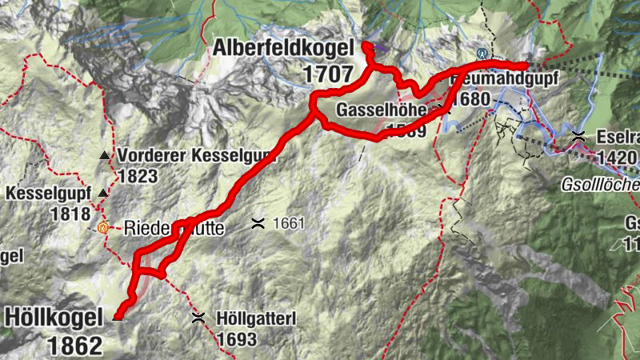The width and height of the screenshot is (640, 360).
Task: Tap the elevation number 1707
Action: (x=328, y=74)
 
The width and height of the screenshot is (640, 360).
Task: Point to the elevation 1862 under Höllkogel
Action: (x=75, y=346)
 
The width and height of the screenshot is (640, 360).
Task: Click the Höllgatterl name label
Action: (x=256, y=319)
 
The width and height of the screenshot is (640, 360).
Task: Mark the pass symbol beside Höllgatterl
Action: (x=198, y=318)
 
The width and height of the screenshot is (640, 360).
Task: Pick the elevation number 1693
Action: (x=236, y=339)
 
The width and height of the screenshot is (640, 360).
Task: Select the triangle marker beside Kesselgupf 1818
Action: (x=102, y=193)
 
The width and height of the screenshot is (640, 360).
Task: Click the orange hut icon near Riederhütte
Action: (x=102, y=227)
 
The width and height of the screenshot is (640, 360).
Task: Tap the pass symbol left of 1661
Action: (x=258, y=223)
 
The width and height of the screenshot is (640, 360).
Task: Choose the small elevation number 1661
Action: (x=289, y=223)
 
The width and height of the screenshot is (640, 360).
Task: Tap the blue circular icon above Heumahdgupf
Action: (x=482, y=54)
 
